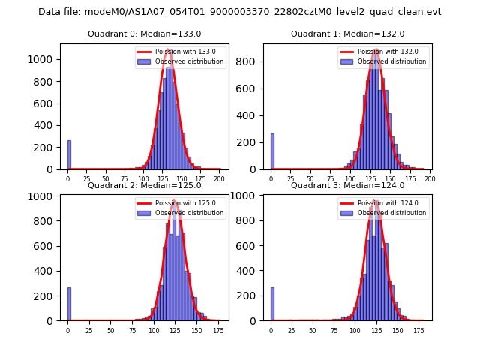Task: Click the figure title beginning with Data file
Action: point(240,12)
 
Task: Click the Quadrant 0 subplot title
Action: point(144,34)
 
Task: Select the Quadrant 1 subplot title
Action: point(347,34)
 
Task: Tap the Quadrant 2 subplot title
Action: point(144,185)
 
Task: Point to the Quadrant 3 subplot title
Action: point(347,185)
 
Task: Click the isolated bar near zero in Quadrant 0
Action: point(69,155)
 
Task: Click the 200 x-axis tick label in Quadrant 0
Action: point(219,179)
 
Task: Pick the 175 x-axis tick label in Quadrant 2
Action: point(217,330)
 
